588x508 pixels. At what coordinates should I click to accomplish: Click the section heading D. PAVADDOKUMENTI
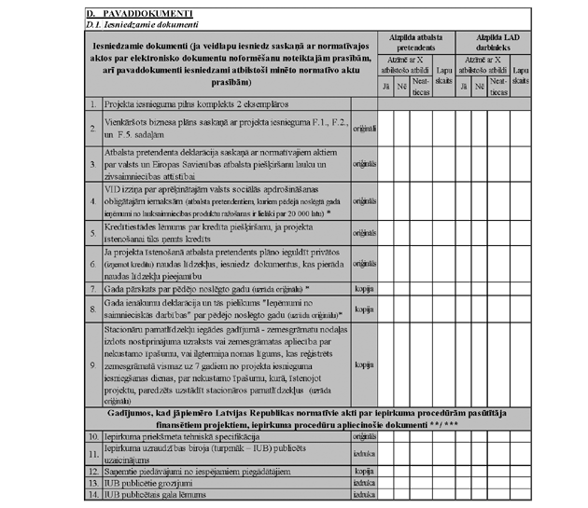click(138, 15)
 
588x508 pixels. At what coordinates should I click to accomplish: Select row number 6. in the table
click(92, 264)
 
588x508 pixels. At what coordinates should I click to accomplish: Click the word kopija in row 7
click(364, 289)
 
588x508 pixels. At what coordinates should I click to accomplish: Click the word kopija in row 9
click(364, 364)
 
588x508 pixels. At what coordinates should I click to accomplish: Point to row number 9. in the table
click(92, 364)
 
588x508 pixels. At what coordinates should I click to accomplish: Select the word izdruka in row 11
click(364, 453)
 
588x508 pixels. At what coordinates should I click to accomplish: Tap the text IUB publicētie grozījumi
click(158, 483)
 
